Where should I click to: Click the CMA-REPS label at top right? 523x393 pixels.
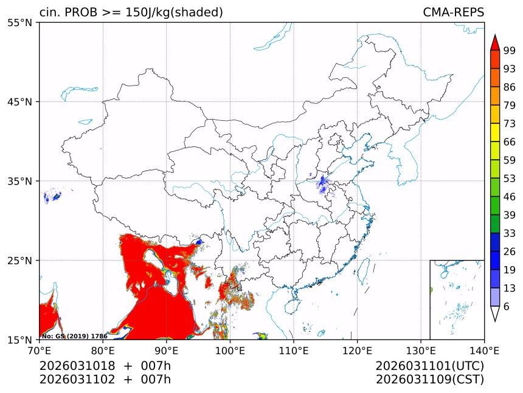tap(453, 13)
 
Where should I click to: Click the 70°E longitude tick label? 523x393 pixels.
tap(40, 350)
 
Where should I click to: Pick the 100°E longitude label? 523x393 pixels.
tap(230, 350)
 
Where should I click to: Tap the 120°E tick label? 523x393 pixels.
tap(357, 350)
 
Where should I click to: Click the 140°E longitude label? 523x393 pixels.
tap(484, 350)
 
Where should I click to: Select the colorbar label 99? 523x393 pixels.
tap(510, 50)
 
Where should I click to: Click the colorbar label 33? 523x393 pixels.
tap(510, 233)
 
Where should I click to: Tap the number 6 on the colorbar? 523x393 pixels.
tap(507, 307)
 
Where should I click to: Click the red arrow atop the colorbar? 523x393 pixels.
tap(495, 43)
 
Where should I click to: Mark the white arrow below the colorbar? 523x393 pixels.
tap(495, 314)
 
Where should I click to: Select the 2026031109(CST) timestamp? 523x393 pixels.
tap(429, 380)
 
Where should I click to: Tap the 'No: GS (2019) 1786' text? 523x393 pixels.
tap(74, 336)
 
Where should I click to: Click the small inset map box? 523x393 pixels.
tap(457, 299)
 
